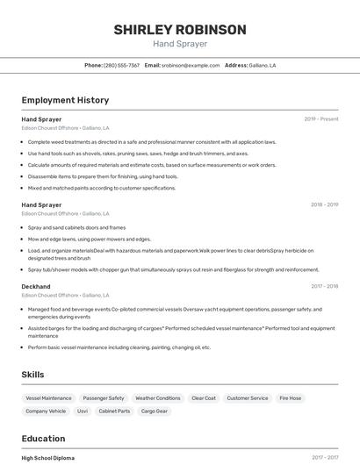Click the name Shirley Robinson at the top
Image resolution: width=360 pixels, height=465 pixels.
[x=180, y=30]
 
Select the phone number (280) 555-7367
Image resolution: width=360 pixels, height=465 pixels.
[x=121, y=65]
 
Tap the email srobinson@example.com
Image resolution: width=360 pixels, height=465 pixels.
[x=191, y=65]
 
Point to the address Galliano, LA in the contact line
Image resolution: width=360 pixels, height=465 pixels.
[x=263, y=65]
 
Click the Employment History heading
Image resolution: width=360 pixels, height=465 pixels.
[x=65, y=100]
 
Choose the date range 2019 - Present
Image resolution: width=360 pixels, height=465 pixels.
[x=321, y=118]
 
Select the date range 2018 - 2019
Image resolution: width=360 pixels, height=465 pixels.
[x=324, y=204]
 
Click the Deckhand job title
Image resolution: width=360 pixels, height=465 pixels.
[x=36, y=286]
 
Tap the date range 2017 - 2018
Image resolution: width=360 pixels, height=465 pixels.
[x=324, y=286]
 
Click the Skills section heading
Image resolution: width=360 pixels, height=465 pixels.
[x=33, y=375]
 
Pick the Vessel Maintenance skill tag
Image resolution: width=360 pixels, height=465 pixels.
[x=49, y=398]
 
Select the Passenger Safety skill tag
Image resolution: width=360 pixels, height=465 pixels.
[x=104, y=398]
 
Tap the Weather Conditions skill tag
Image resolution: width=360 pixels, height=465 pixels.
[x=158, y=398]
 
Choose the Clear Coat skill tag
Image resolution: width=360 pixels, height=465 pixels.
[x=204, y=398]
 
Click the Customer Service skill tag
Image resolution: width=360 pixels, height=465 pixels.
[x=248, y=398]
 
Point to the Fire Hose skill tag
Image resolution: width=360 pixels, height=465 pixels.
[x=291, y=398]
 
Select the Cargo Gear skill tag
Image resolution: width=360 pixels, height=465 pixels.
[x=155, y=411]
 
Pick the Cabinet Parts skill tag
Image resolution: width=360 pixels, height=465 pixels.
[x=114, y=411]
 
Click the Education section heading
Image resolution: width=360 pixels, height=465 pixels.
[x=44, y=439]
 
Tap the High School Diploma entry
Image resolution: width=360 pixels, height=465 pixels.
[x=48, y=458]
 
